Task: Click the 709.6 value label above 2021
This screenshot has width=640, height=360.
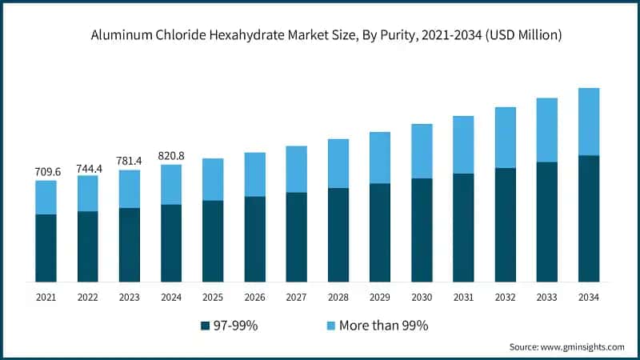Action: tap(46, 171)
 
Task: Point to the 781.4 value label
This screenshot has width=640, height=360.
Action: tap(130, 161)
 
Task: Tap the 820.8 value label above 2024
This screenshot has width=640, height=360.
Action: tap(171, 155)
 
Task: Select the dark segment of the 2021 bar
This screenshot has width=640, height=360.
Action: tap(46, 248)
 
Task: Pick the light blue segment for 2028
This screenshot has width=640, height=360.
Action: tap(338, 163)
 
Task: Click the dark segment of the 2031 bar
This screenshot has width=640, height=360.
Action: tap(463, 227)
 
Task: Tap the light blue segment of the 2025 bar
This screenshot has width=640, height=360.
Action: tap(213, 179)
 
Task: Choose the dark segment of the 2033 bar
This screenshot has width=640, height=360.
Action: tap(547, 222)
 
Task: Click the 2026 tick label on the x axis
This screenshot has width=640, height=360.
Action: tap(254, 297)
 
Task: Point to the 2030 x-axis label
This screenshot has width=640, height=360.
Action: tap(422, 297)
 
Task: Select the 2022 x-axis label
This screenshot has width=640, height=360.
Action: tap(88, 297)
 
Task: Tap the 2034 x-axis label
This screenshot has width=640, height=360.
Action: tap(589, 297)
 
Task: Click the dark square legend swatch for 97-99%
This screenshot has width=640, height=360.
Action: tap(206, 326)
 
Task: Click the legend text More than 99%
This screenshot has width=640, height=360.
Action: tap(383, 326)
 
